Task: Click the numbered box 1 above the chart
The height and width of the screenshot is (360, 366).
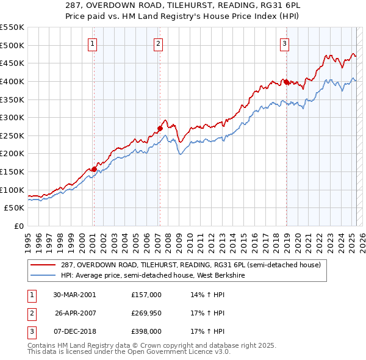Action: pyautogui.click(x=92, y=43)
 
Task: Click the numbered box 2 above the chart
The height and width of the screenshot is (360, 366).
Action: pyautogui.click(x=158, y=43)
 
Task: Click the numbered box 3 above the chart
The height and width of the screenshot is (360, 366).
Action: pyautogui.click(x=285, y=43)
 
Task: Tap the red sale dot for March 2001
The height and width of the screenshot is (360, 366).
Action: pyautogui.click(x=94, y=169)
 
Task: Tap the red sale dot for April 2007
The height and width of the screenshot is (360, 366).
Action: pyautogui.click(x=160, y=128)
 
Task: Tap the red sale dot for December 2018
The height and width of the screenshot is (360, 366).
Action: pyautogui.click(x=286, y=82)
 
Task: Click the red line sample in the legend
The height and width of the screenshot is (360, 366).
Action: pyautogui.click(x=43, y=264)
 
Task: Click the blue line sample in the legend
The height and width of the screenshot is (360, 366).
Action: pyautogui.click(x=43, y=275)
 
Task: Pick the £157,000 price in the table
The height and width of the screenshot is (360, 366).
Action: pyautogui.click(x=146, y=294)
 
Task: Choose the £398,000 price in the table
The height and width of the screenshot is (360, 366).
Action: pyautogui.click(x=146, y=332)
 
